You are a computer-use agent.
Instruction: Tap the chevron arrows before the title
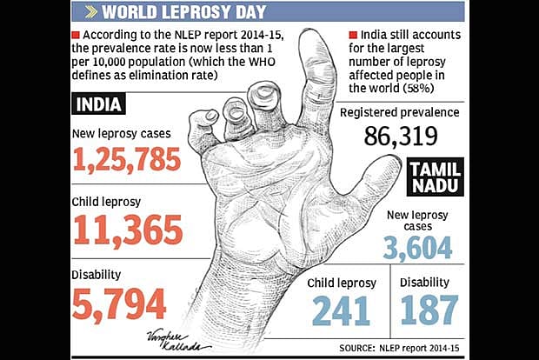tap(89, 13)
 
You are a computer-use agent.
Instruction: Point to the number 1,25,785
tap(127, 159)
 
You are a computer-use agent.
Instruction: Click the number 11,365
tap(128, 230)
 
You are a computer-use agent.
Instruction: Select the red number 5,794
tap(118, 303)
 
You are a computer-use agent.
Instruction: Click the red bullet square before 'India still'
tap(353, 35)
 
